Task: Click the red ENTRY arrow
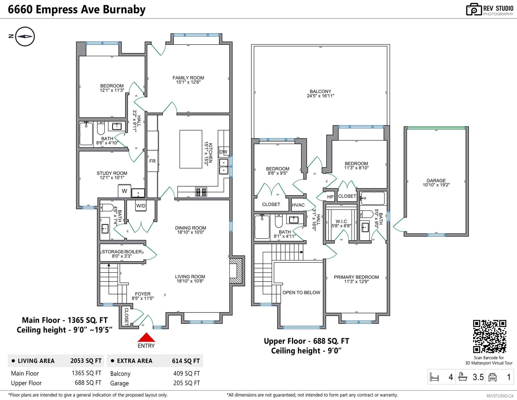[x=146, y=337]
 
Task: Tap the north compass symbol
[x=25, y=36]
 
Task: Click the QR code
[x=490, y=336]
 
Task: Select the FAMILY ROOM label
[x=188, y=78]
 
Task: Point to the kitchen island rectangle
[x=191, y=149]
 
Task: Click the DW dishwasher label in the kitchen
[x=223, y=152]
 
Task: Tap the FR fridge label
[x=153, y=161]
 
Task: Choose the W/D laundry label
[x=141, y=206]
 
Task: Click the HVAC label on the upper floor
[x=298, y=205]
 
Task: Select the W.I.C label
[x=341, y=221]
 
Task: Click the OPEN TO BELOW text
[x=301, y=292]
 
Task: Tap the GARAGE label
[x=436, y=180]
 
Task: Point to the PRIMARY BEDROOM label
[x=356, y=277]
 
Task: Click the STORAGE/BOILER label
[x=121, y=252]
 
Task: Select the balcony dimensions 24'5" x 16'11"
[x=320, y=96]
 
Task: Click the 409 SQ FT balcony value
[x=186, y=374]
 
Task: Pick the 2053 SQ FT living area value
[x=86, y=361]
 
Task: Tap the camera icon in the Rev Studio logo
[x=474, y=9]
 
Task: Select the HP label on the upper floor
[x=330, y=197]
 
